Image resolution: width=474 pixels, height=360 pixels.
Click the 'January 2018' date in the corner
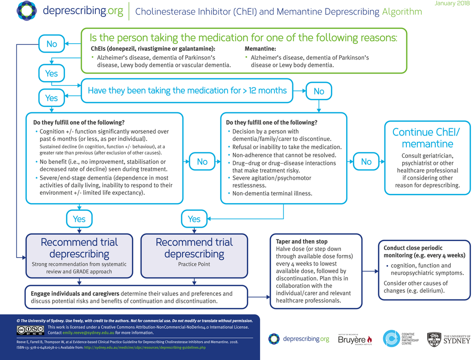(452, 3)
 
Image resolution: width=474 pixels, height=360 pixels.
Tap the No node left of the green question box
(52, 44)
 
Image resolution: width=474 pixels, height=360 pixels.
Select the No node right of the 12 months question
(319, 91)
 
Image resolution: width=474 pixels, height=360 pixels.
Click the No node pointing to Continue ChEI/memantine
(366, 161)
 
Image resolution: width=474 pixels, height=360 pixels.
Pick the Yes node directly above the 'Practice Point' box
(194, 219)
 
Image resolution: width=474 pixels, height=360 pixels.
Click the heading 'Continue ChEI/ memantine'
(426, 138)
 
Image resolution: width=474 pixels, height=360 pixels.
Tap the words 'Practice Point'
(194, 264)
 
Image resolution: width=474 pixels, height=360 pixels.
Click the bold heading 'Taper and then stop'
(302, 241)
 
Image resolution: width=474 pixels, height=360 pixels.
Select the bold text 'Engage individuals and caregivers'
(75, 294)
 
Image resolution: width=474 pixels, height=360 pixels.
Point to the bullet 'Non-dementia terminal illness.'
(272, 193)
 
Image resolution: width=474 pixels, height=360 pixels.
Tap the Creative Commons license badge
(31, 330)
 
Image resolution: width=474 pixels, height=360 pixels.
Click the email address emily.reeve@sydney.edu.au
(88, 333)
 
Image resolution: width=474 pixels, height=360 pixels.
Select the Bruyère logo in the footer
(355, 340)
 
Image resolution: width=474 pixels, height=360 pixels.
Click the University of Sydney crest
(434, 340)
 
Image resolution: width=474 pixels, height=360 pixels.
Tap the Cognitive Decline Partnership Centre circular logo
(392, 339)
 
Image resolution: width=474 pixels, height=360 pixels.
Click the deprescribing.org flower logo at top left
(27, 11)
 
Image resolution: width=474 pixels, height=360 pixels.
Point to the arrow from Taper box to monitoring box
(370, 271)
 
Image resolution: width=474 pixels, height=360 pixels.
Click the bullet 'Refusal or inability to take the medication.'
(287, 147)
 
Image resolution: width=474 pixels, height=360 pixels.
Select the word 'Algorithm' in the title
(402, 12)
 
